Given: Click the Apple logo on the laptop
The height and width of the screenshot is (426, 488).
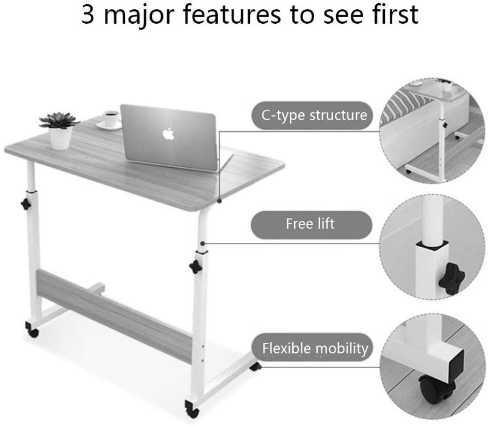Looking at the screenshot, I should (x=169, y=134).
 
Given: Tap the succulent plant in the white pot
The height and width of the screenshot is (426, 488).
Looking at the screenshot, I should (x=59, y=120).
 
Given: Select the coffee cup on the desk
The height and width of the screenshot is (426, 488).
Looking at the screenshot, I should (x=110, y=118).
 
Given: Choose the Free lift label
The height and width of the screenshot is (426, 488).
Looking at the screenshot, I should (x=310, y=224).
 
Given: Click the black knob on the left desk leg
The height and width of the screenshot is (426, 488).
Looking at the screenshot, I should (x=26, y=203).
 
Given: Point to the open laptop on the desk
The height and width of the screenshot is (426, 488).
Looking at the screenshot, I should (x=169, y=137).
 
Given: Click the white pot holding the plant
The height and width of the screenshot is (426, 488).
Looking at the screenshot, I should (x=60, y=137).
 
